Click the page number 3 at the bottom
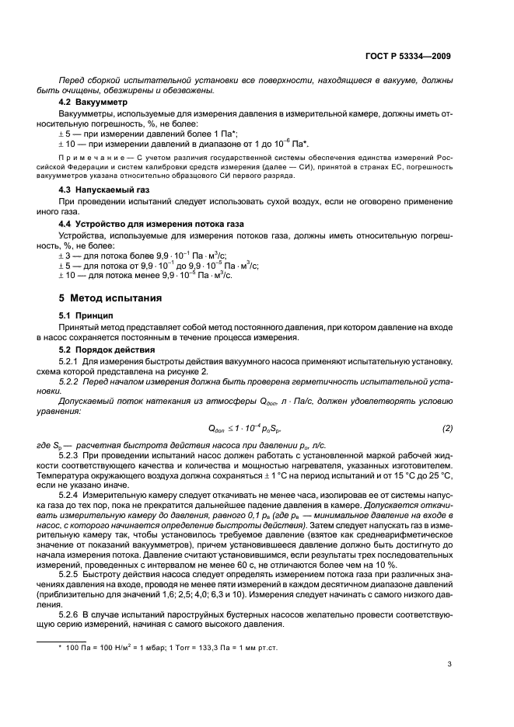coord(449,663)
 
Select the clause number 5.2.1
coord(72,362)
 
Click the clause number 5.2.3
coord(72,452)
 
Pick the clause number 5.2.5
coord(72,572)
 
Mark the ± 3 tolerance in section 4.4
coord(67,255)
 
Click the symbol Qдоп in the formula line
coord(217,428)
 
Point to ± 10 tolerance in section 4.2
coord(69,144)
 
